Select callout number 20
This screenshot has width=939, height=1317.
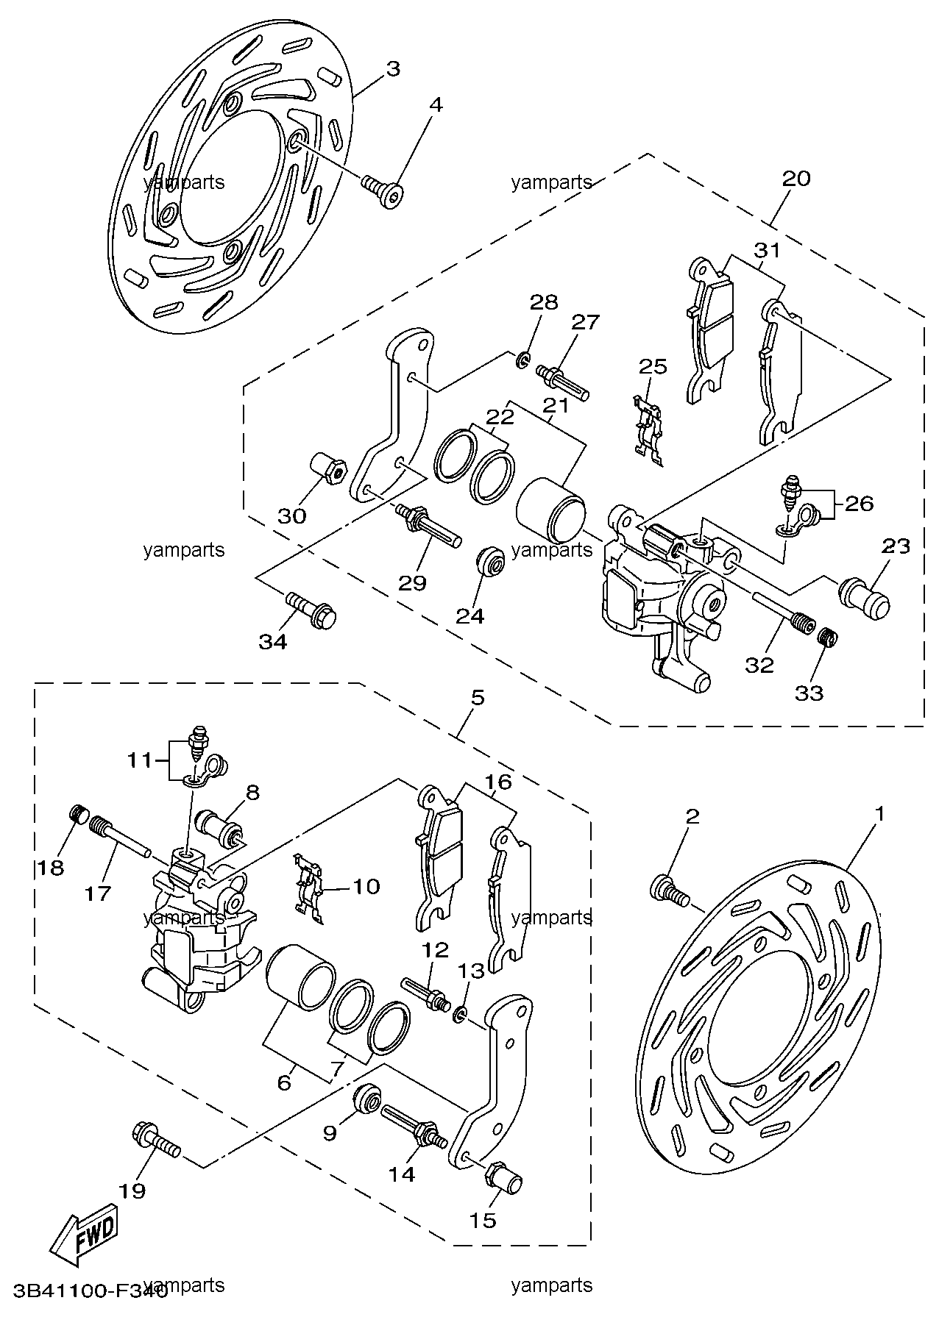point(796,179)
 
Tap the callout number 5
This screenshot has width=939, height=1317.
point(478,697)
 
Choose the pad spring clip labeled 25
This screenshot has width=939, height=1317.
point(646,431)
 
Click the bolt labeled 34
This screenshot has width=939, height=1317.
point(311,608)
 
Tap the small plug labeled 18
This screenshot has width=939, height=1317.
point(79,815)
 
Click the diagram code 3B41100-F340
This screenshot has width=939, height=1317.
point(85,1285)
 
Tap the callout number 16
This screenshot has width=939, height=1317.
point(497,782)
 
